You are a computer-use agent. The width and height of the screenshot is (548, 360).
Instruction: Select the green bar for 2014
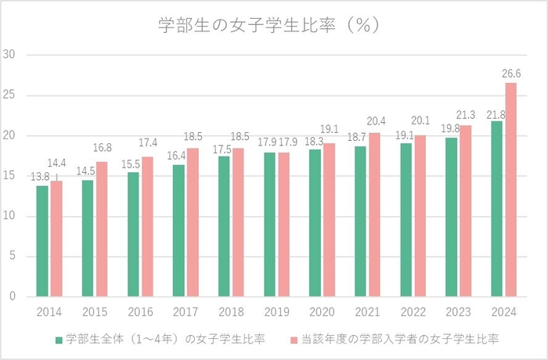pyautogui.click(x=42, y=241)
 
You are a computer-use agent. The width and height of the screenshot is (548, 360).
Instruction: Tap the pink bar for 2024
pyautogui.click(x=510, y=189)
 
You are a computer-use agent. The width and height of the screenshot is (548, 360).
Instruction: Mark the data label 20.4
pyautogui.click(x=375, y=121)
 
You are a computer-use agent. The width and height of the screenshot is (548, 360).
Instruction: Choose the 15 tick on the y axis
pyautogui.click(x=10, y=176)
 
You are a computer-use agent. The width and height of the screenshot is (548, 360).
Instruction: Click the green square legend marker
pyautogui.click(x=59, y=340)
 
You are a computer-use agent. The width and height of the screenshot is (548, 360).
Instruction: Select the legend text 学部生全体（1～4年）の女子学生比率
pyautogui.click(x=165, y=339)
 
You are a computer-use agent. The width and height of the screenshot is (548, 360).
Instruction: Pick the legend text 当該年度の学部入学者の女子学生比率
pyautogui.click(x=399, y=339)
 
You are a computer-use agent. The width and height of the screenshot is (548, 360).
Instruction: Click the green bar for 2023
pyautogui.click(x=451, y=217)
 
